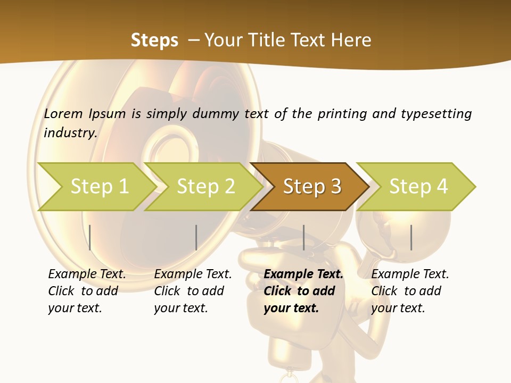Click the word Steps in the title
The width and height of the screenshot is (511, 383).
pos(154,40)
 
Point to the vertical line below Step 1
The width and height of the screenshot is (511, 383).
pos(90,237)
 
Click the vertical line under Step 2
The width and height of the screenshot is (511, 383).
pos(196,237)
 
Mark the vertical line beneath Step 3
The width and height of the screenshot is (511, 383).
pos(304,237)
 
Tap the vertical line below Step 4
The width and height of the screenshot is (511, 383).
pos(411,237)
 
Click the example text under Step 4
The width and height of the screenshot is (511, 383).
pos(410,291)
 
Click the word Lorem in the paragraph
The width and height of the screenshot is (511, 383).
pos(63,114)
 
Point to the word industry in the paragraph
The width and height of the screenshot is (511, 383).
pos(70,133)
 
